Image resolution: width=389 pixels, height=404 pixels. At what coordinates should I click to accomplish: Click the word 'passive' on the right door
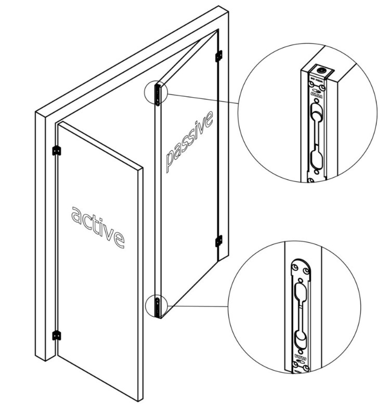point(189,141)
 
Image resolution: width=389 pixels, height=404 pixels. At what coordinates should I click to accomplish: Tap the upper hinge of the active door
point(57,150)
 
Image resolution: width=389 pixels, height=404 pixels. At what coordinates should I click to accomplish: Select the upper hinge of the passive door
point(219,54)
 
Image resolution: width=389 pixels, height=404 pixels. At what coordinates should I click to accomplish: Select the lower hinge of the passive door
point(218,241)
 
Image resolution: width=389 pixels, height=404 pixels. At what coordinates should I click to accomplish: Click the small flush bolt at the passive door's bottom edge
point(158,306)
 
